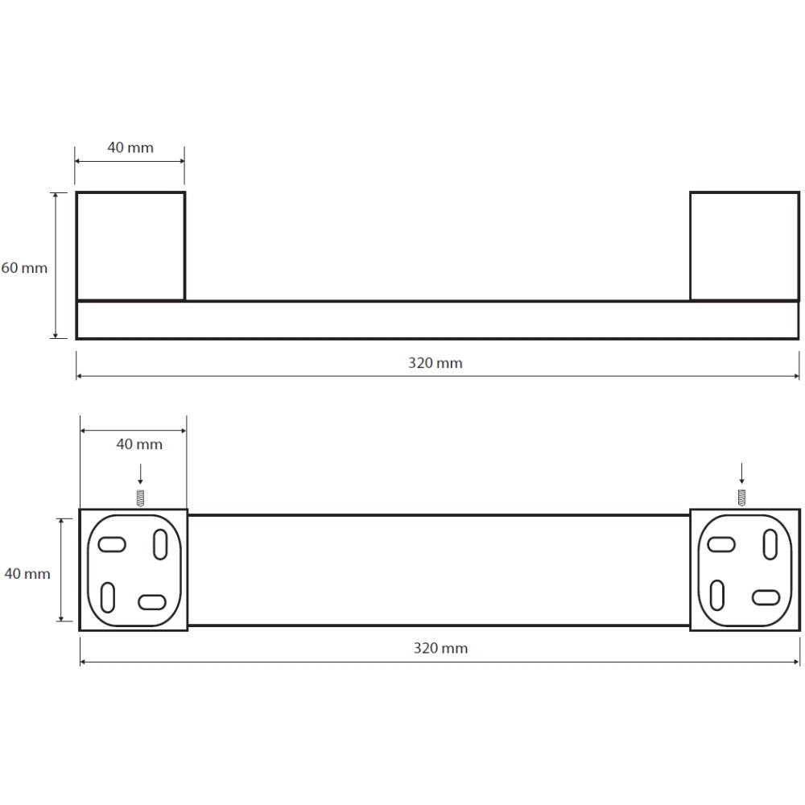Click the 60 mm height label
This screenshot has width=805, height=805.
click(24, 268)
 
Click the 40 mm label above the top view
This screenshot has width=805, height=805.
click(130, 148)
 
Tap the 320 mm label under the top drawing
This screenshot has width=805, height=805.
click(436, 363)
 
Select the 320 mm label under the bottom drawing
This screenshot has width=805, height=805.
click(440, 648)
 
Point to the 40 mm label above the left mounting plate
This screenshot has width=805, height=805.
click(139, 444)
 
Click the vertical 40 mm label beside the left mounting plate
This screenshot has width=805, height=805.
click(27, 573)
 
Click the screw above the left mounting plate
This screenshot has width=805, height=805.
click(140, 498)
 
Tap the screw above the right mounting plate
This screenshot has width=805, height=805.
click(742, 497)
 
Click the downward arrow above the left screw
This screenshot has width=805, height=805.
click(140, 474)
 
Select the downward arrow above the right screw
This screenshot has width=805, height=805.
click(742, 473)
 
